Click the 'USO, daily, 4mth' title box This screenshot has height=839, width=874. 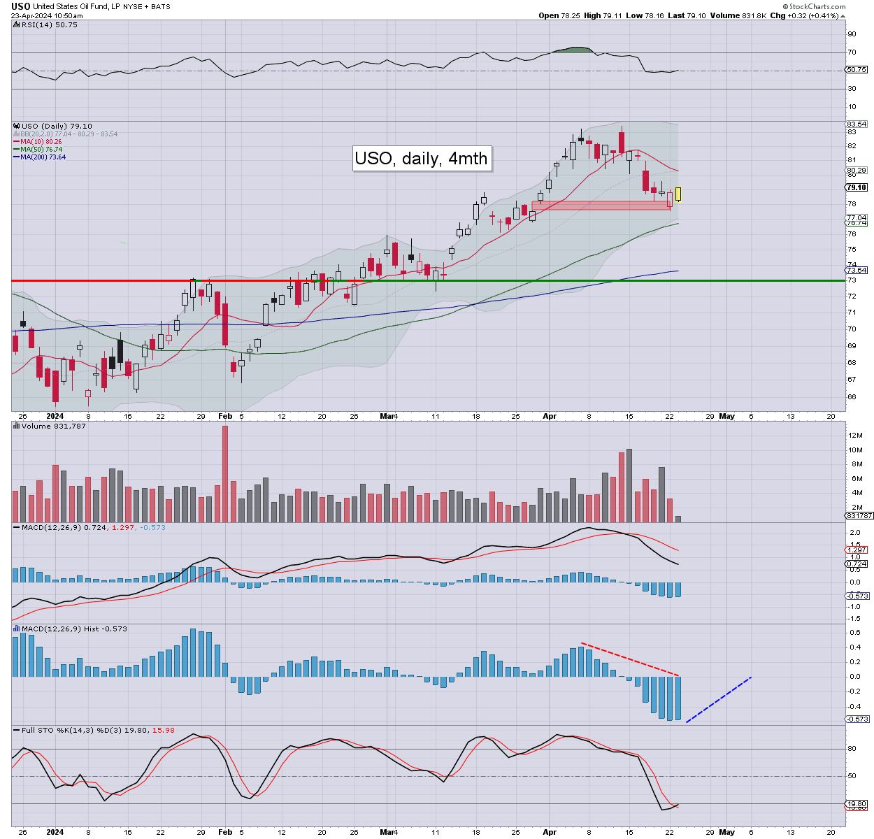pyautogui.click(x=421, y=158)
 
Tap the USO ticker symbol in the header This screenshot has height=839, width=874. pyautogui.click(x=20, y=6)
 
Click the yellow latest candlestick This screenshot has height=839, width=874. pyautogui.click(x=678, y=194)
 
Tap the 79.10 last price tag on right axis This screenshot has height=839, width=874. pyautogui.click(x=857, y=187)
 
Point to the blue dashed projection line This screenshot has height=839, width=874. pyautogui.click(x=718, y=699)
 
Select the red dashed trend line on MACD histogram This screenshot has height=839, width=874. pyautogui.click(x=630, y=659)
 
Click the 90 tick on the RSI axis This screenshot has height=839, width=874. pyautogui.click(x=852, y=34)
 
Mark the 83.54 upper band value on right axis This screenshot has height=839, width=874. pyautogui.click(x=857, y=124)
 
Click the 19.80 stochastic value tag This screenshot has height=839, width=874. pyautogui.click(x=857, y=803)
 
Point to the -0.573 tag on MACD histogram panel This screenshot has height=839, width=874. pyautogui.click(x=857, y=719)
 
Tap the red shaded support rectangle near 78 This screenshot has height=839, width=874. pyautogui.click(x=601, y=205)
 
